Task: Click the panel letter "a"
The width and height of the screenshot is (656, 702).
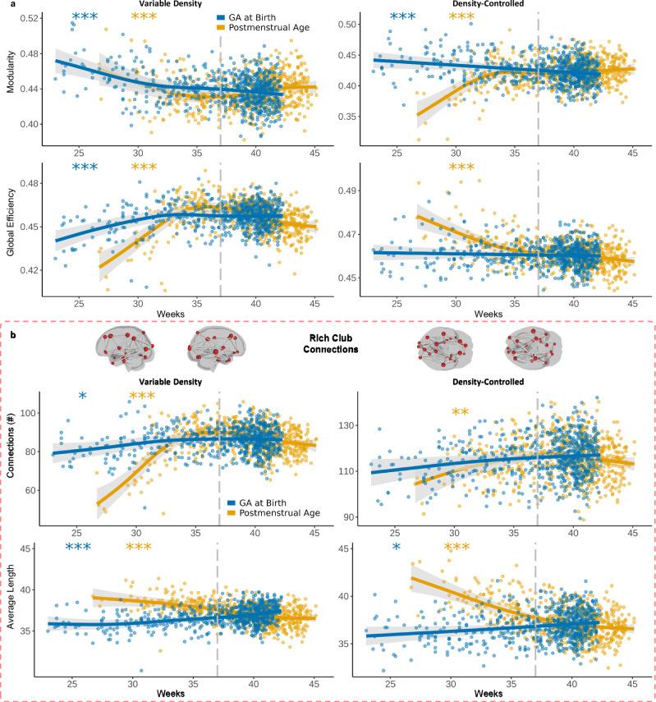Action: point(5,5)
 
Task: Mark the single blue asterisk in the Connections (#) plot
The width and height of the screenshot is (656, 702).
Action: point(82,397)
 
